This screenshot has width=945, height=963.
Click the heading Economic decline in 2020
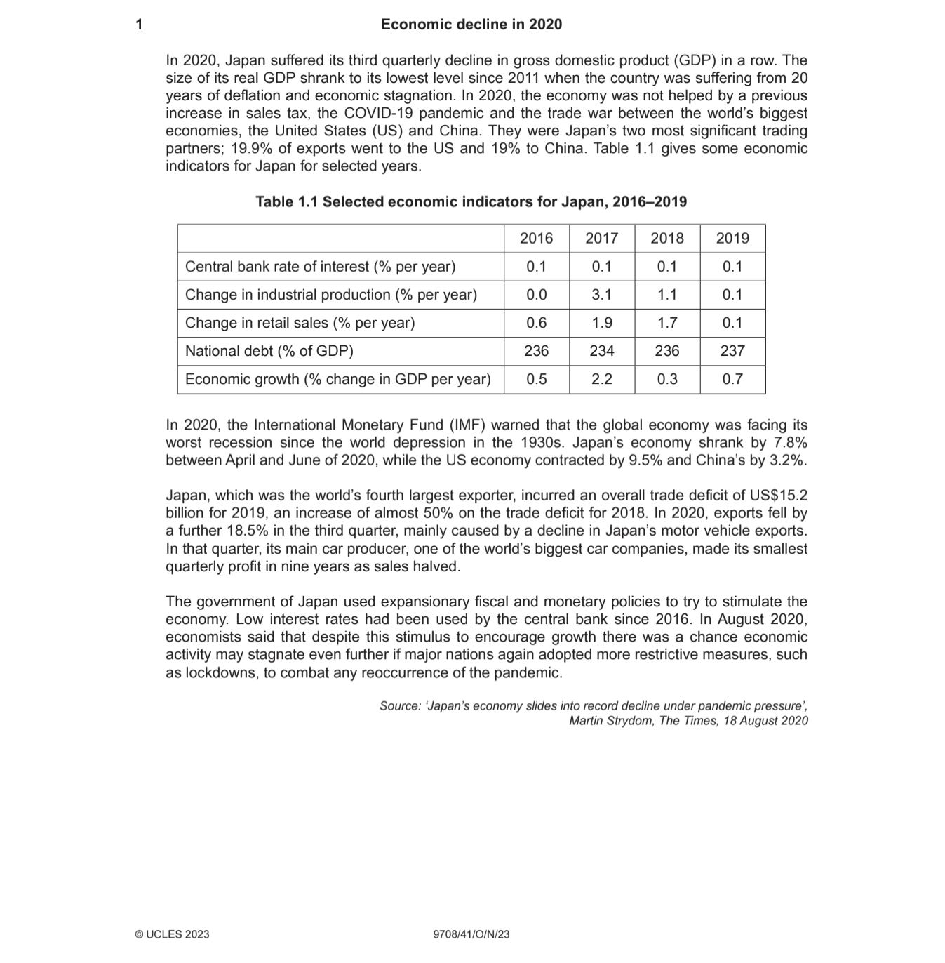pyautogui.click(x=471, y=25)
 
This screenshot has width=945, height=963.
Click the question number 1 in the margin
pyautogui.click(x=139, y=25)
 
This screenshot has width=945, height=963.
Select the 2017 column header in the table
pyautogui.click(x=601, y=239)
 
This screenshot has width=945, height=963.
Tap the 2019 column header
pyautogui.click(x=732, y=239)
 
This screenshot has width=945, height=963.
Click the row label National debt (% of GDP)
pyautogui.click(x=269, y=351)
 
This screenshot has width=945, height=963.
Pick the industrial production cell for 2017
pyautogui.click(x=601, y=295)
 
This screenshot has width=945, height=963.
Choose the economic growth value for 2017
pyautogui.click(x=601, y=379)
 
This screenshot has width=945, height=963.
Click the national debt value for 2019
pyautogui.click(x=732, y=351)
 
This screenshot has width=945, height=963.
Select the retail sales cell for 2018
pyautogui.click(x=666, y=323)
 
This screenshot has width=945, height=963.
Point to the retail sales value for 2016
pyautogui.click(x=536, y=323)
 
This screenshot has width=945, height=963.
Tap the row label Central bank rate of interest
pyautogui.click(x=320, y=267)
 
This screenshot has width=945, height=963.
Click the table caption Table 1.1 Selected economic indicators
pyautogui.click(x=471, y=202)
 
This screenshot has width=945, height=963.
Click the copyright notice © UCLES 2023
pyautogui.click(x=172, y=934)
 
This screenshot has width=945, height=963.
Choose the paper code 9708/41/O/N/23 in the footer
pyautogui.click(x=471, y=934)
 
